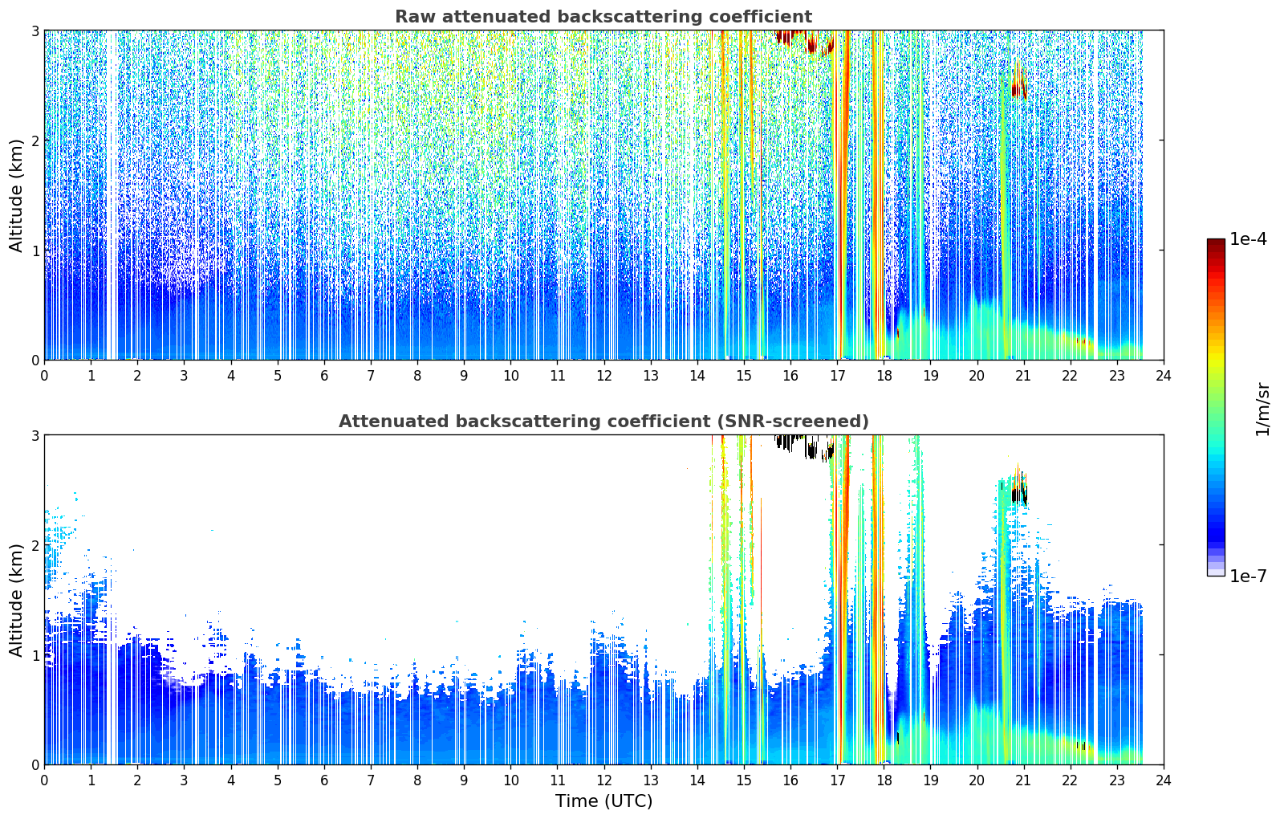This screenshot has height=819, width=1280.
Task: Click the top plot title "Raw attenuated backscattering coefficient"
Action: click(603, 17)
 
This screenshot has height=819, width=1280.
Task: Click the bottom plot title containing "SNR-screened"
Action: click(603, 422)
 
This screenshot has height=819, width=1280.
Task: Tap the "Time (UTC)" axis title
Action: click(603, 801)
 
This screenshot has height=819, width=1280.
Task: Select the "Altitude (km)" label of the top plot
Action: click(16, 196)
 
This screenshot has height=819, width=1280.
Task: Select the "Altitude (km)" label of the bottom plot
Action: click(16, 600)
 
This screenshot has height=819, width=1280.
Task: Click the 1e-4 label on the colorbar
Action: click(1248, 239)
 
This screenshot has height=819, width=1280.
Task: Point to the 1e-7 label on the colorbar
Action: click(1248, 576)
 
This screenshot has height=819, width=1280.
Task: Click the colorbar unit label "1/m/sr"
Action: click(1262, 410)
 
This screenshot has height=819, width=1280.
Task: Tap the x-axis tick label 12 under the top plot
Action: click(604, 376)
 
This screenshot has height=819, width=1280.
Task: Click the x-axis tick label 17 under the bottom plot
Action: click(837, 780)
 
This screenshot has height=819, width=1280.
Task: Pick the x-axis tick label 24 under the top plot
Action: click(1164, 376)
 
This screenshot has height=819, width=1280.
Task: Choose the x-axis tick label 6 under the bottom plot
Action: click(324, 780)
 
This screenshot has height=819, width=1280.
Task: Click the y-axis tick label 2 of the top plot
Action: click(35, 141)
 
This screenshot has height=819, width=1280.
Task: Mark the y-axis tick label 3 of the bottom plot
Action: click(35, 435)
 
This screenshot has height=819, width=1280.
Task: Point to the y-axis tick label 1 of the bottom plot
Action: click(35, 655)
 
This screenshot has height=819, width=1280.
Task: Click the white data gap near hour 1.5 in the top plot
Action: click(112, 195)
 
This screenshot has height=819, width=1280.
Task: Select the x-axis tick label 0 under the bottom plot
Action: click(45, 780)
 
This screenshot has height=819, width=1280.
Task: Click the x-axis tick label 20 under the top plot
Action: click(977, 376)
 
